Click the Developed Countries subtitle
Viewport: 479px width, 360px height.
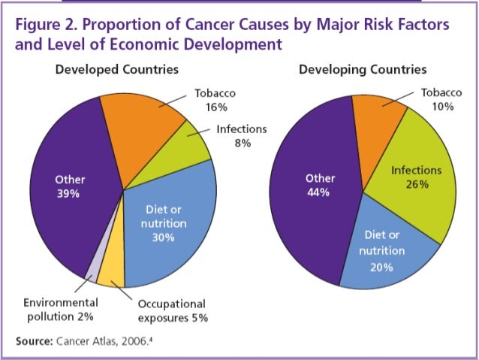tap(116, 70)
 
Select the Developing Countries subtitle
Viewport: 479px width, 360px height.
tap(363, 70)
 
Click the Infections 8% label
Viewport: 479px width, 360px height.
tap(241, 136)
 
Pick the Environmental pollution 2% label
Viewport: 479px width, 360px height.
tap(60, 309)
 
